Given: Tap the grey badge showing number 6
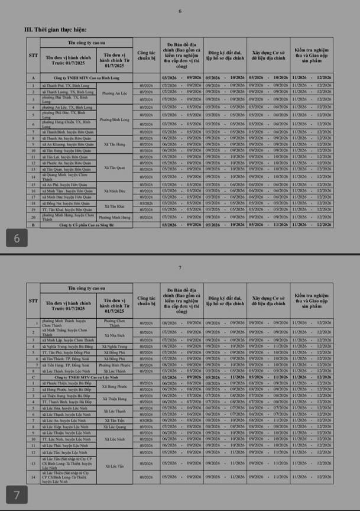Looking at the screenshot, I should pyautogui.click(x=17, y=238).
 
